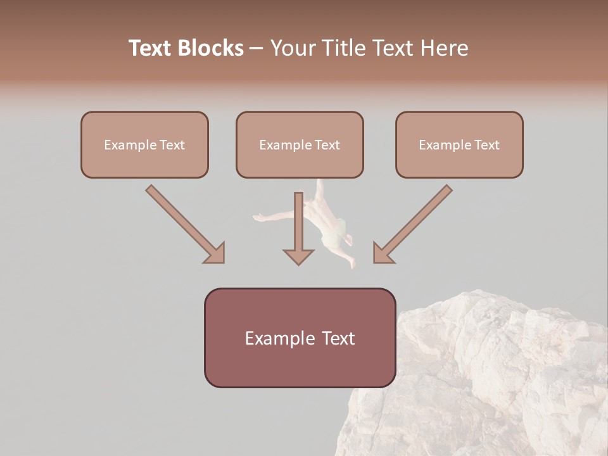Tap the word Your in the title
[293, 48]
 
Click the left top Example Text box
[144, 144]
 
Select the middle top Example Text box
[300, 144]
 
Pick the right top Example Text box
[459, 144]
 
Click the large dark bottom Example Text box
[300, 338]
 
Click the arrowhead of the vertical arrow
[298, 256]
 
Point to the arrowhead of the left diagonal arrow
[215, 253]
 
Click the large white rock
[494, 380]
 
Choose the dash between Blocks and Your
[257, 48]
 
